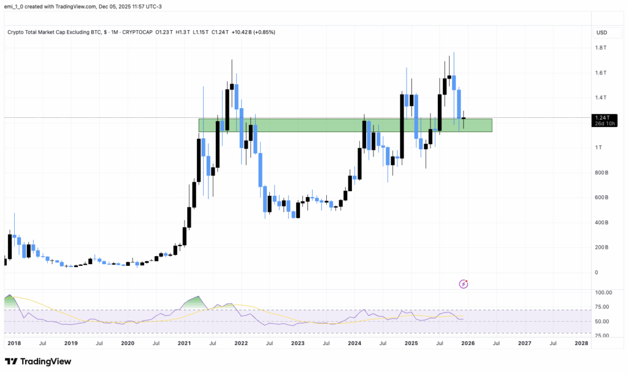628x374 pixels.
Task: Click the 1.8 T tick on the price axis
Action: [x=600, y=48]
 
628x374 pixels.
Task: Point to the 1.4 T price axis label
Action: [x=600, y=98]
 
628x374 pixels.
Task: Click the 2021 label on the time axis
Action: [x=184, y=344]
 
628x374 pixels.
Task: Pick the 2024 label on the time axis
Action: [x=354, y=344]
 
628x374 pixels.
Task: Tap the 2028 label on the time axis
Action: [x=581, y=344]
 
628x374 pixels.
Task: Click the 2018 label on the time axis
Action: [x=13, y=344]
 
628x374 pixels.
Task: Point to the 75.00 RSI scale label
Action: [x=602, y=307]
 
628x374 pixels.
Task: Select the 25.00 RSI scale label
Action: [x=602, y=336]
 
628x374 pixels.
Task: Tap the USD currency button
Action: [x=602, y=33]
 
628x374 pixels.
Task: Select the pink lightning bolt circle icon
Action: [x=464, y=284]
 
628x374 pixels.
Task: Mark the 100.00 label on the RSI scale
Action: [x=602, y=293]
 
